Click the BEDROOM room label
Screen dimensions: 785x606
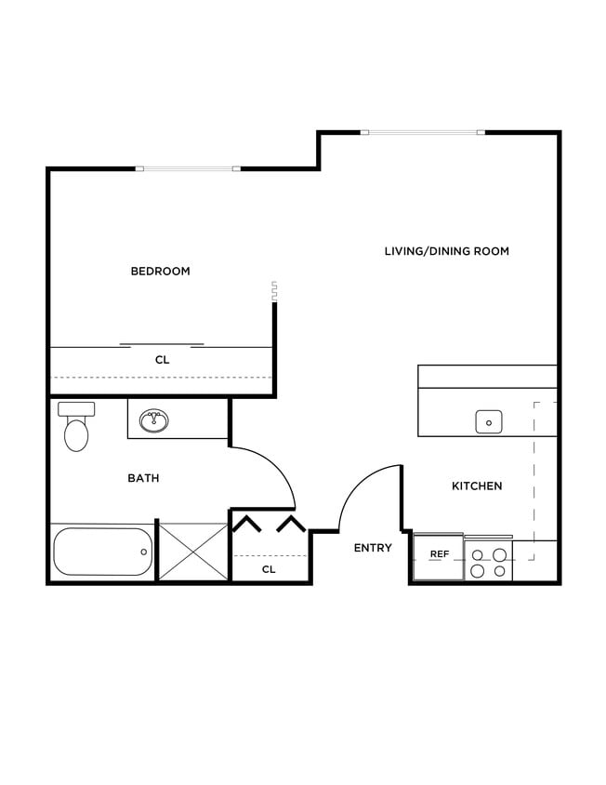pos(160,272)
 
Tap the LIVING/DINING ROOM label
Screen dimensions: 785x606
pos(446,251)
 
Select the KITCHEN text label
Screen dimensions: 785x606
pos(477,486)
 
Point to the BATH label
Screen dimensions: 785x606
pos(143,478)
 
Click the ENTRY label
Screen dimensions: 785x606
pos(373,548)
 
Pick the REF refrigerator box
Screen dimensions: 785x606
pos(439,555)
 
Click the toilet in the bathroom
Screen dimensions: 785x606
pos(76,432)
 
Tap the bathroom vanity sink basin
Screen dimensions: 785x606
pos(154,422)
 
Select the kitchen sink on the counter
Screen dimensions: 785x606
pos(489,421)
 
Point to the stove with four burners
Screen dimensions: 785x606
pos(488,562)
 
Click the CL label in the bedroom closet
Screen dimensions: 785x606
pos(162,359)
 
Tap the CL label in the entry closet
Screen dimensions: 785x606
pos(269,568)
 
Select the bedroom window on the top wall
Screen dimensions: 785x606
pos(188,168)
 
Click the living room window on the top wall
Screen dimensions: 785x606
pos(423,133)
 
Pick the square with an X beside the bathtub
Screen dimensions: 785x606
pos(193,552)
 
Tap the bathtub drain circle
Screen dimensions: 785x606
pos(143,552)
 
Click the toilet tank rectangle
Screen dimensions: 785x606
pos(76,409)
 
